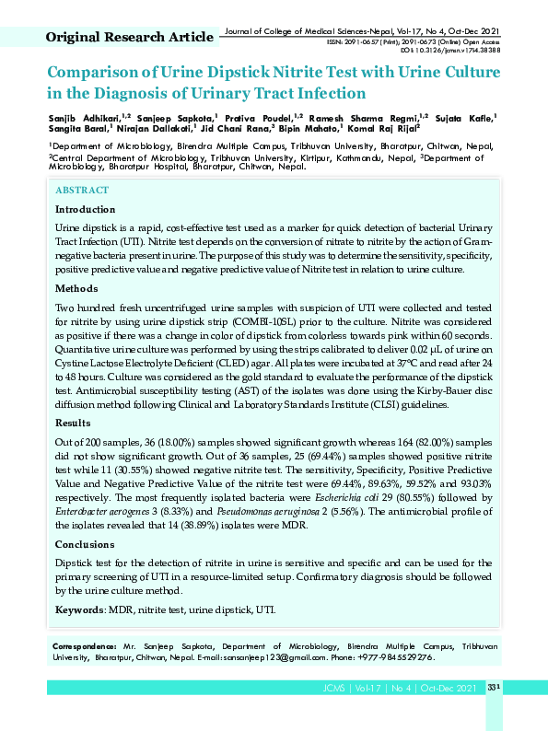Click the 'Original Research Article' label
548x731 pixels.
[130, 37]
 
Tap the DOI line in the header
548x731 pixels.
[450, 52]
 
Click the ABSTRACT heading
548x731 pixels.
[82, 191]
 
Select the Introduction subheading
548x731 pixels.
[86, 210]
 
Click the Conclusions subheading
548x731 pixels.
[86, 545]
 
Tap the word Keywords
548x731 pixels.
[79, 609]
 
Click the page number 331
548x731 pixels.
[493, 688]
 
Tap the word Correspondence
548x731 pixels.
[85, 647]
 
